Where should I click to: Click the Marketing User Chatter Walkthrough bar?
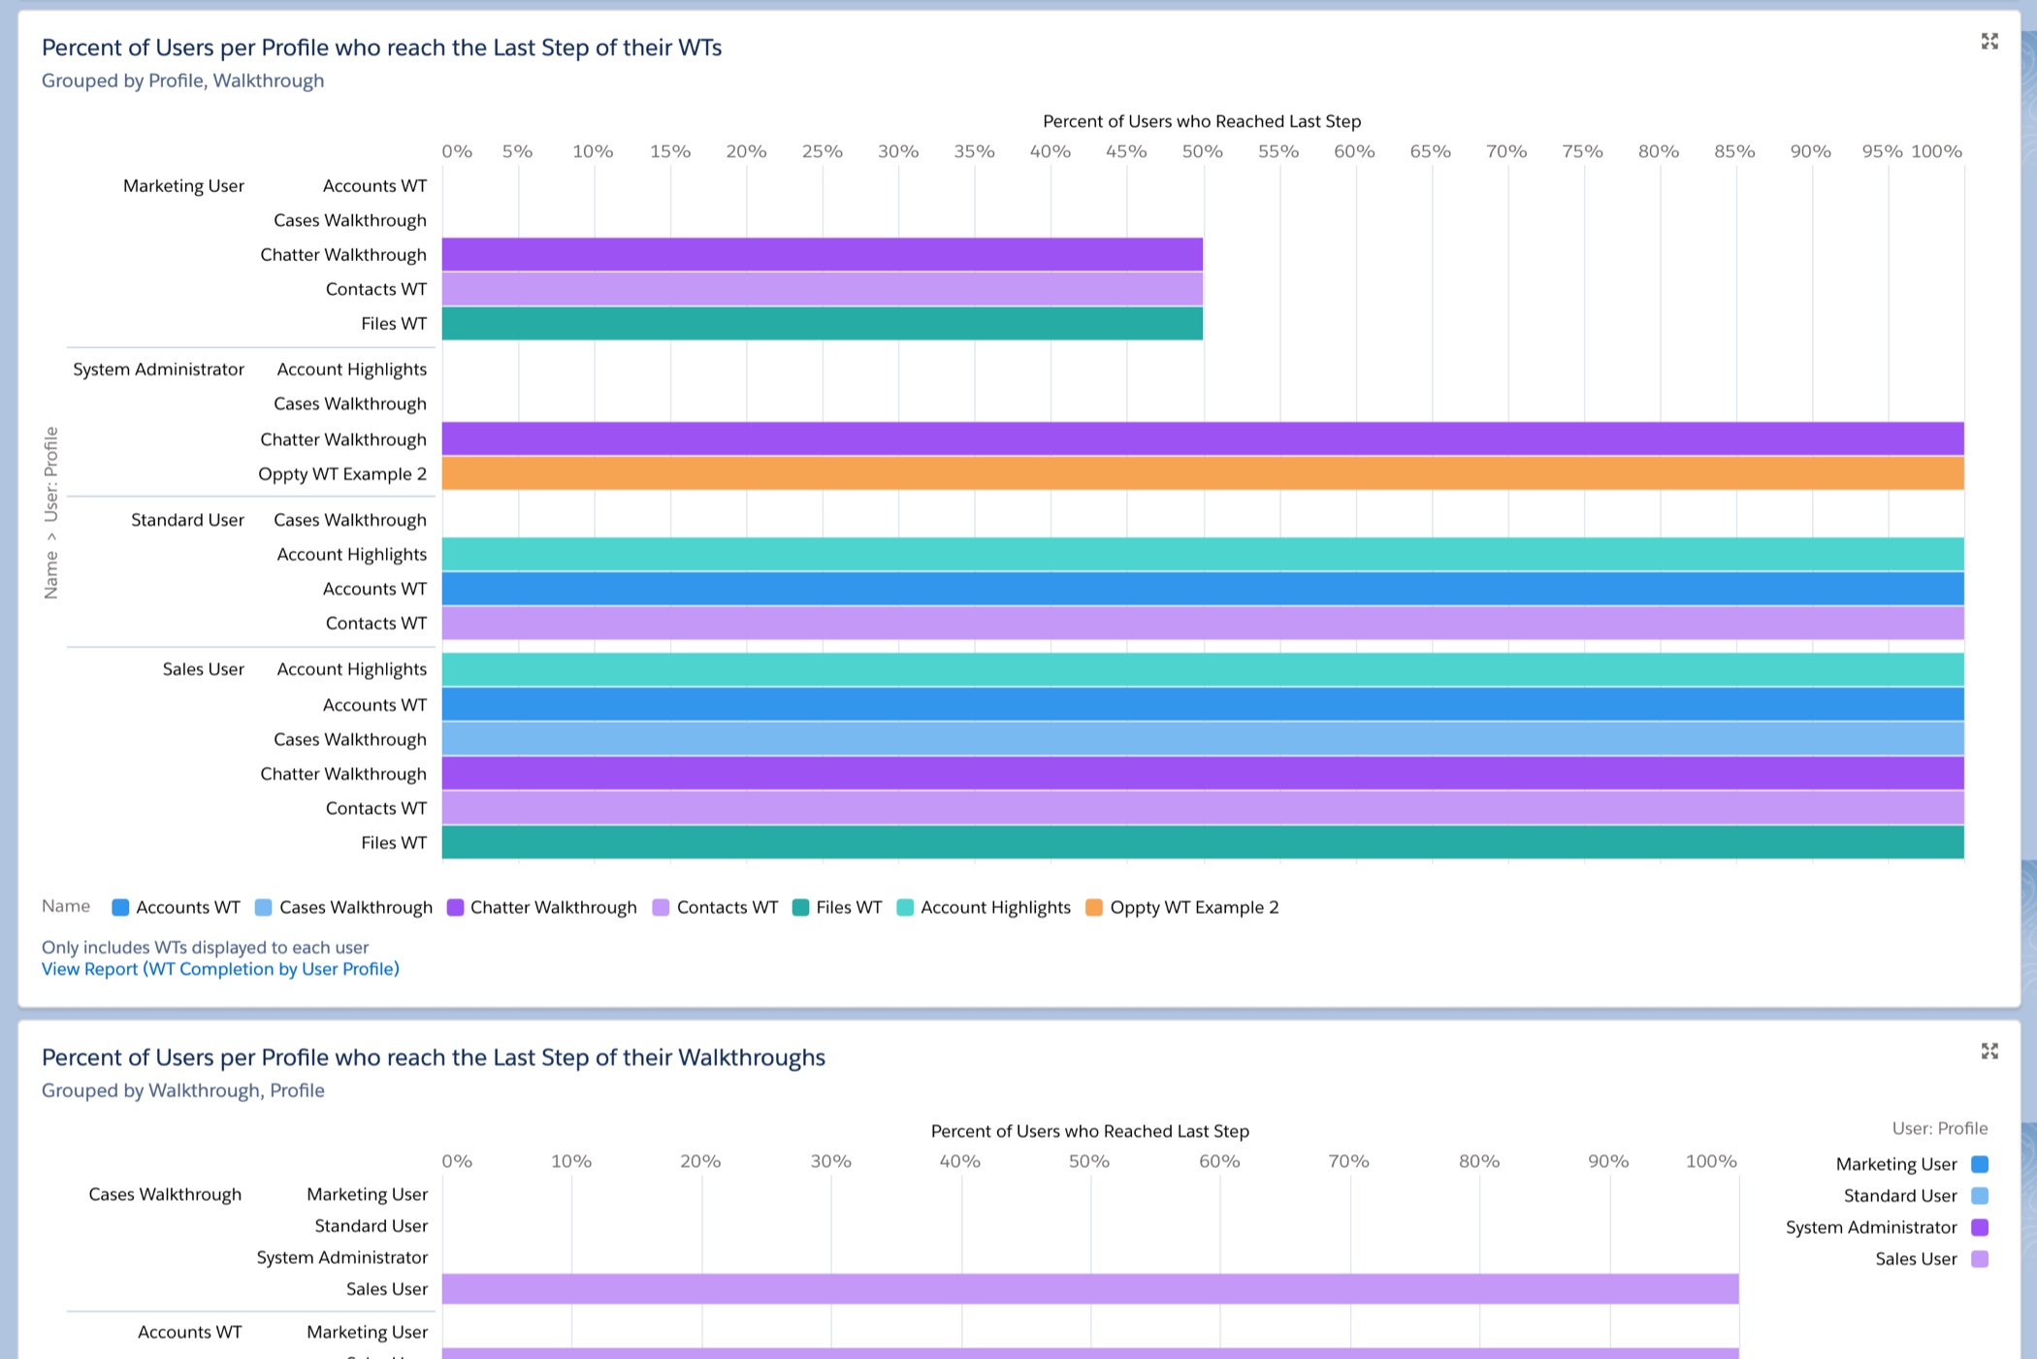point(822,254)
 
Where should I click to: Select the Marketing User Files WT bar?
point(822,323)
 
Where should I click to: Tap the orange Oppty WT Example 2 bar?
point(1203,473)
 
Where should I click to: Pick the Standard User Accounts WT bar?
point(1203,589)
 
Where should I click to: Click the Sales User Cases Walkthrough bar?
point(1203,739)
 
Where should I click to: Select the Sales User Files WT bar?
point(1203,843)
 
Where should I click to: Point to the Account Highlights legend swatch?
point(905,907)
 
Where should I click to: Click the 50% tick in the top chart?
point(1202,151)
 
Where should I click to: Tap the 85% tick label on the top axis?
point(1734,151)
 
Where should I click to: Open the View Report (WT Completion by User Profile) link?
point(220,969)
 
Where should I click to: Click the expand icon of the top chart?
point(1989,41)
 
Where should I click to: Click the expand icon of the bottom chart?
point(1989,1052)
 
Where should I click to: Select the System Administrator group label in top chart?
point(158,370)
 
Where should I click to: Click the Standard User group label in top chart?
point(187,520)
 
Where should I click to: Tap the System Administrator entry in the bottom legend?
point(1871,1227)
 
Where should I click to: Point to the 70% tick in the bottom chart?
point(1348,1161)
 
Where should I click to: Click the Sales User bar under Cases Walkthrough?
point(1089,1288)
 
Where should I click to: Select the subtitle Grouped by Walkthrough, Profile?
point(182,1090)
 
